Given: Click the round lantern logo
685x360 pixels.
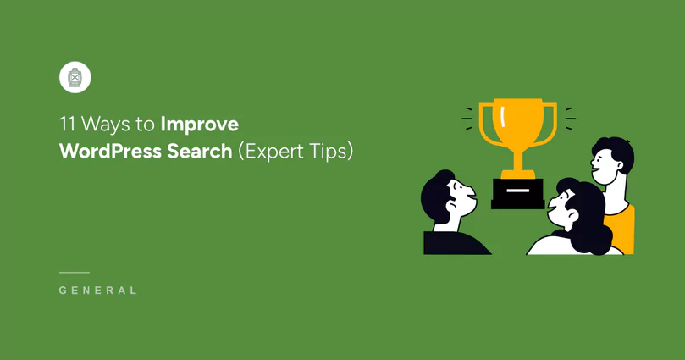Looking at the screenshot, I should tap(75, 78).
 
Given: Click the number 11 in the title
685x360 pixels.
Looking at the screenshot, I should tap(66, 125).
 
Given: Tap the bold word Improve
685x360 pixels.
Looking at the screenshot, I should tap(201, 125).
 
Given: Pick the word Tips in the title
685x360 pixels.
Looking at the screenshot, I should tap(329, 152).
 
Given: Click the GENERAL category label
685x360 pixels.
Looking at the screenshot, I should tap(98, 291).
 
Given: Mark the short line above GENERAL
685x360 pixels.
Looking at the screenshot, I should tap(75, 273).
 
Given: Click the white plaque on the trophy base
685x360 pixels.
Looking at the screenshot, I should tap(518, 191).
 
